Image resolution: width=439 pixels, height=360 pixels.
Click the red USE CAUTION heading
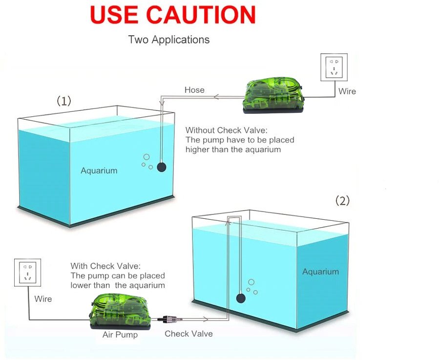point(173,15)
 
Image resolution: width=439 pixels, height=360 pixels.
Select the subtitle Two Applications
point(169,40)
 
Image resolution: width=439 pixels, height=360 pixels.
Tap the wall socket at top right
point(334,67)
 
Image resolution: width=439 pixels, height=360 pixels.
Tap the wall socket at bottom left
point(27,273)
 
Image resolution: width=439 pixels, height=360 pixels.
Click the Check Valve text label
point(188,334)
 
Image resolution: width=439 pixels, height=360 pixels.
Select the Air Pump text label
point(120,335)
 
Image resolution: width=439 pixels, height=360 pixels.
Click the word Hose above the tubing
point(194,90)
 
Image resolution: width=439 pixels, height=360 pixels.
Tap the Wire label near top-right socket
point(347,91)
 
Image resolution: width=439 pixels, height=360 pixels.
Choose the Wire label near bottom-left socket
point(43,298)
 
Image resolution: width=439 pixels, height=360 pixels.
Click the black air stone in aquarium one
point(162,167)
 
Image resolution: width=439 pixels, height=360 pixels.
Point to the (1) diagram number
point(64,101)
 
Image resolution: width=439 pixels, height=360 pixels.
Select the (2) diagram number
point(342,200)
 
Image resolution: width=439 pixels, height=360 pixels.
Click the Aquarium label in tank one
point(99,170)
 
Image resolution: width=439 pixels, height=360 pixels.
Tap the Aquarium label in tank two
point(320,272)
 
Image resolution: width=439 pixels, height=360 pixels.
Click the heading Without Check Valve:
point(227,130)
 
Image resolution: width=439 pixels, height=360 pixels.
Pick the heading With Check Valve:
point(105,266)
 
